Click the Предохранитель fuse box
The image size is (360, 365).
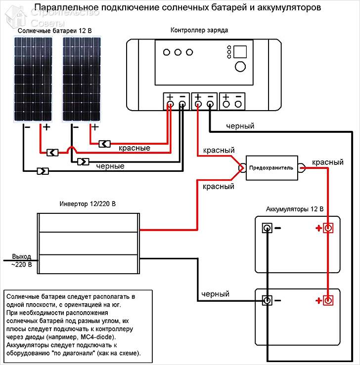[271, 168]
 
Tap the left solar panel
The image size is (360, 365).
[33, 79]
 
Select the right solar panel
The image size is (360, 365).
[82, 79]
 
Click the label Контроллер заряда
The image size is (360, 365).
[199, 30]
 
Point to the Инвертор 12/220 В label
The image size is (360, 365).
[88, 204]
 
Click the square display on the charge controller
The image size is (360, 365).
[240, 52]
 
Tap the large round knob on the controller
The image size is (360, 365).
[240, 67]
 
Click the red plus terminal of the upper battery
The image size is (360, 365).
[328, 228]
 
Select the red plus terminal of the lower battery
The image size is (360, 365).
[328, 300]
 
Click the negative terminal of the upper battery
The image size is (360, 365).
[267, 228]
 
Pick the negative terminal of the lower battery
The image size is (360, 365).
[267, 300]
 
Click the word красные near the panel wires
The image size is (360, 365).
[135, 148]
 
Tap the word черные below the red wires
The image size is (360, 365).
[110, 166]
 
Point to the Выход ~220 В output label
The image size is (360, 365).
[21, 260]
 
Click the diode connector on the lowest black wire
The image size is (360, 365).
[43, 171]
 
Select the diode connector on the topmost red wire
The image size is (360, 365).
[105, 144]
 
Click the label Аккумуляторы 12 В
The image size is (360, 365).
[295, 209]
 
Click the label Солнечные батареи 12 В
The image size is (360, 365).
[55, 31]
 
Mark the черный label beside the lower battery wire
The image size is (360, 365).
[215, 294]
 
